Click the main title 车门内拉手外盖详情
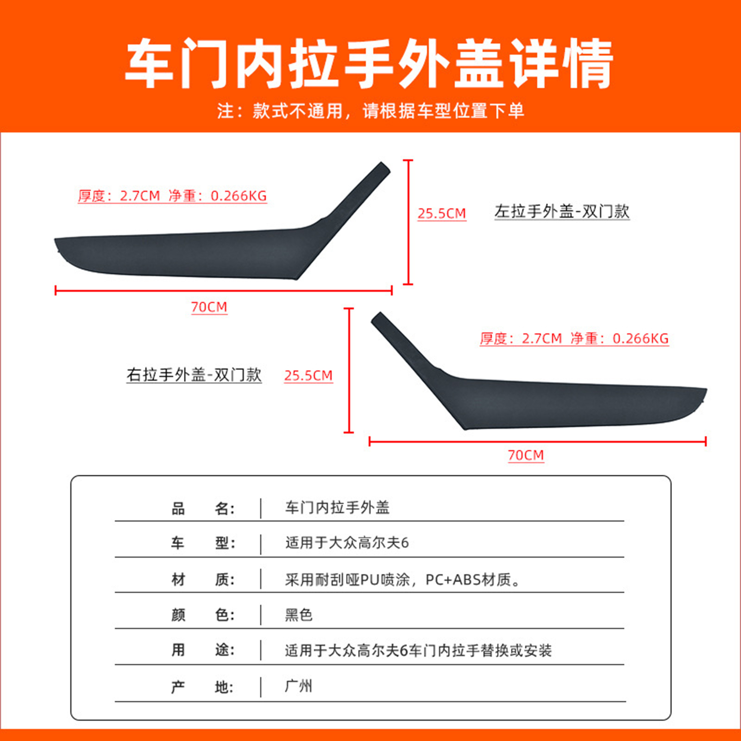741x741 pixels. (369, 63)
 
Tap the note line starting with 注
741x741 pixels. (370, 111)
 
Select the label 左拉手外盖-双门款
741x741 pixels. (562, 212)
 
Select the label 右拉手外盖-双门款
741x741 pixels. (194, 375)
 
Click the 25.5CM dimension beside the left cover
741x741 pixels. (442, 214)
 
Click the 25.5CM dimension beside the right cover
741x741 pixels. (308, 376)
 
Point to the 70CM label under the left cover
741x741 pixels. (209, 307)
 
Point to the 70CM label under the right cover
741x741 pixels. (526, 455)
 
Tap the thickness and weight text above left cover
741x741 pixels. (172, 196)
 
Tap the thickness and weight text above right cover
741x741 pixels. (574, 339)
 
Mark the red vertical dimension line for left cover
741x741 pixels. (408, 222)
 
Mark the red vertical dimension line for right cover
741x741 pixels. (349, 370)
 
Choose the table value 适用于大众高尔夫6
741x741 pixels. (347, 543)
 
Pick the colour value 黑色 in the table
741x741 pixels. (299, 615)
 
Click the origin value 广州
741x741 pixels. (299, 686)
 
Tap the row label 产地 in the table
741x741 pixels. (203, 687)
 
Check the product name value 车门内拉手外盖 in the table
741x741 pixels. (337, 508)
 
